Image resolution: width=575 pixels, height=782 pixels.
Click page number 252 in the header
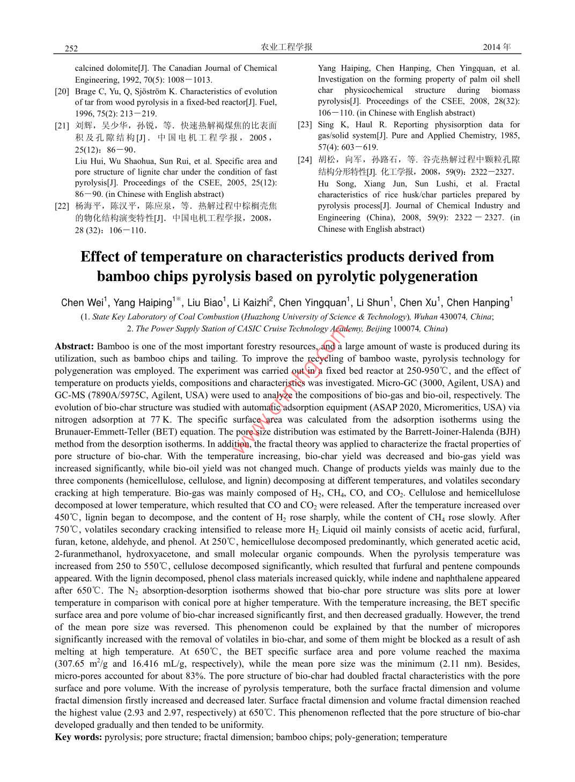(x=71, y=48)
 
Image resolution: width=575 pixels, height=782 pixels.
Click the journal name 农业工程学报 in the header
(x=286, y=47)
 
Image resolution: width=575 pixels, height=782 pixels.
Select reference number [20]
(x=62, y=92)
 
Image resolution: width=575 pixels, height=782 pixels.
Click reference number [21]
(x=62, y=126)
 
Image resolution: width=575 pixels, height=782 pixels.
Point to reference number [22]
(x=62, y=206)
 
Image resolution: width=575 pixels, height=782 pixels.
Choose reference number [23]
(x=305, y=124)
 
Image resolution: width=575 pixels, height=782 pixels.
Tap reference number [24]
(x=305, y=160)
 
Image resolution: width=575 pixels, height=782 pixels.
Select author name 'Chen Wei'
(x=83, y=303)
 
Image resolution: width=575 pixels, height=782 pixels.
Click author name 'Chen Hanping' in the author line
(x=477, y=303)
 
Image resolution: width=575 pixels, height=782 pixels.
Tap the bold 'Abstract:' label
(x=75, y=346)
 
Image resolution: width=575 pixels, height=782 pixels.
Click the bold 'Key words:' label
(x=78, y=737)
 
